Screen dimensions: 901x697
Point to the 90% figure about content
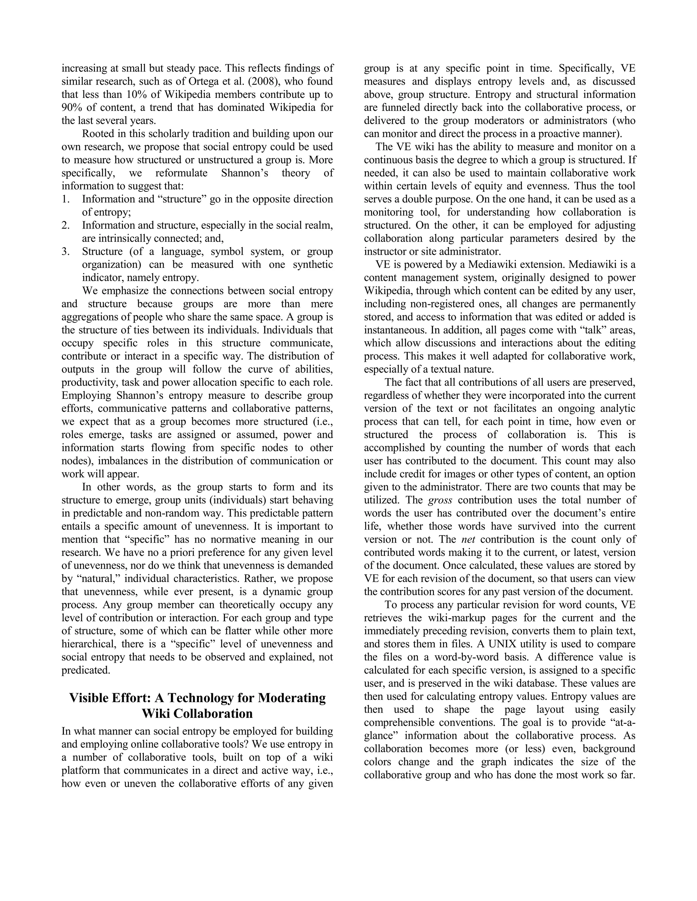coord(71,108)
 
